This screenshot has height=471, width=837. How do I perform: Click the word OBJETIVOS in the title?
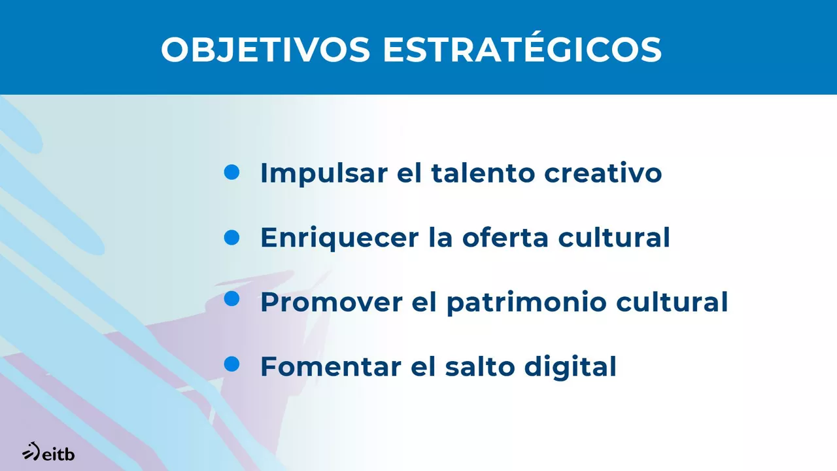tap(265, 50)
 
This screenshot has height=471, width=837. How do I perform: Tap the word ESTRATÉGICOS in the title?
tap(522, 50)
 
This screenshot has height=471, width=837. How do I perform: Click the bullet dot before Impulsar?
tap(232, 172)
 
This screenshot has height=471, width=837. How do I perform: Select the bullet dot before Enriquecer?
tap(232, 237)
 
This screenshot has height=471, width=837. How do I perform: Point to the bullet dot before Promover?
tap(232, 299)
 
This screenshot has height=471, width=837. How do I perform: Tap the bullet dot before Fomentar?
tap(232, 364)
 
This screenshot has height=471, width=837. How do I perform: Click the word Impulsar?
tap(323, 173)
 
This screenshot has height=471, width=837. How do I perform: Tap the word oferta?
tap(505, 237)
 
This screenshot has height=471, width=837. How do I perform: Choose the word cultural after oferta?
tap(614, 237)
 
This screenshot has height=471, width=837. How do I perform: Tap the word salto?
tap(480, 366)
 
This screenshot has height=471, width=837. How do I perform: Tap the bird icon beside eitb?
tap(30, 452)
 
